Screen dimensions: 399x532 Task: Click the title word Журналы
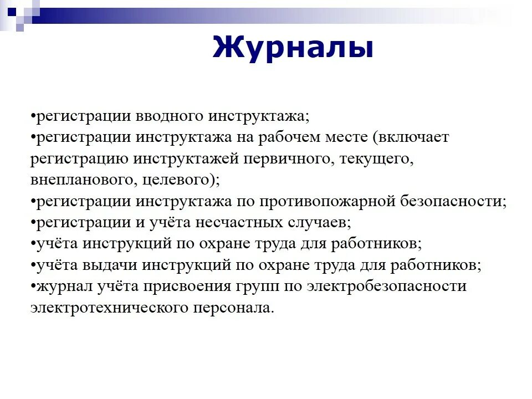click(293, 47)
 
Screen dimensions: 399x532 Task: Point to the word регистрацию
click(80, 160)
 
